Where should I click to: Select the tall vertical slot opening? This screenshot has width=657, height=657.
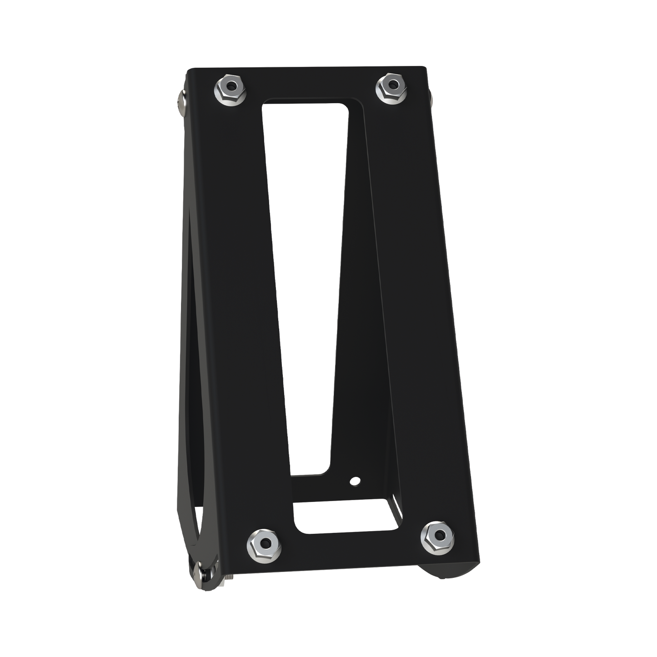tap(305, 273)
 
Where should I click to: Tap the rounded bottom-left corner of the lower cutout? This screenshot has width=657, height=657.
tap(298, 528)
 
